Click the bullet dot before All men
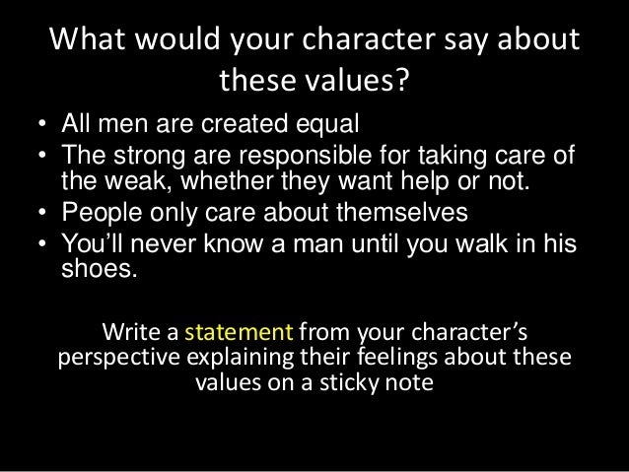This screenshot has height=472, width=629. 41,127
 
